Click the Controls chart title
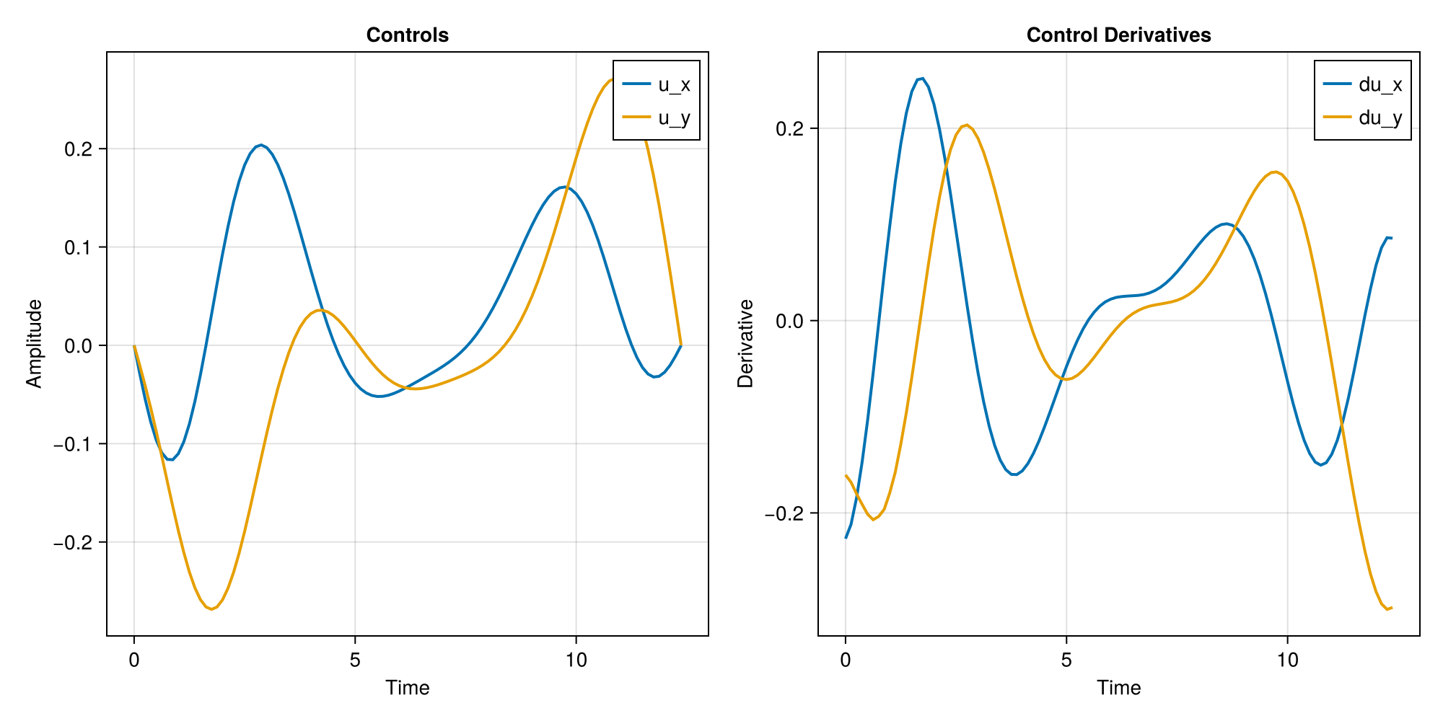tap(407, 35)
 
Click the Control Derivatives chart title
tap(1118, 35)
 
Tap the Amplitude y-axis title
tap(34, 344)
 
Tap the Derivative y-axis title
tap(745, 344)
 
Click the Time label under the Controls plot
tap(407, 688)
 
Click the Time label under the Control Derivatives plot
tap(1118, 688)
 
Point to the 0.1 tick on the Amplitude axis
tap(78, 247)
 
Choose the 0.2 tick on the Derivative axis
tap(789, 129)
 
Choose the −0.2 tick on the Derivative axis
tap(786, 513)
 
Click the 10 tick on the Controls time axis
tap(576, 660)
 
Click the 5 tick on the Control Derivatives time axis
tap(1066, 660)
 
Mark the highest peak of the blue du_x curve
tap(921, 79)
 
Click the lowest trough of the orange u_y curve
tap(211, 610)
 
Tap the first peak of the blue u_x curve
tap(261, 145)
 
